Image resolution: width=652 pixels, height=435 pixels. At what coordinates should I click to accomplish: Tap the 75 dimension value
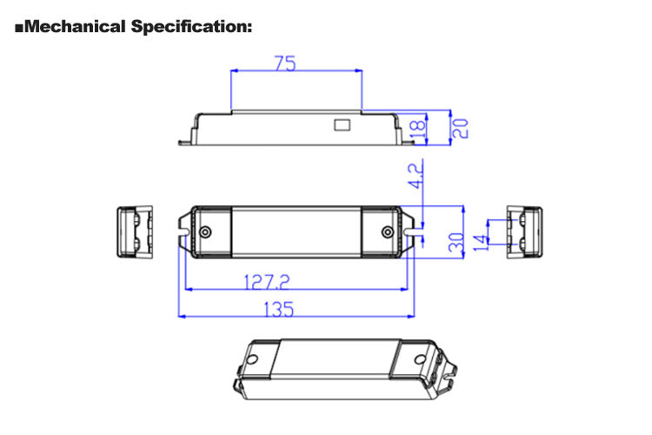click(284, 64)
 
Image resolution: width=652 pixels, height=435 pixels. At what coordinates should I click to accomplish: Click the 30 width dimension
click(455, 241)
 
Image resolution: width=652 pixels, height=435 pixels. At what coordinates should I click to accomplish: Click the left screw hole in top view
click(205, 232)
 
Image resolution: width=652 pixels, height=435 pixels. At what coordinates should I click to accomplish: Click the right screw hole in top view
click(388, 232)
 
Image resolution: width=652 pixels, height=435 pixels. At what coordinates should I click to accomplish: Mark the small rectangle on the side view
click(343, 124)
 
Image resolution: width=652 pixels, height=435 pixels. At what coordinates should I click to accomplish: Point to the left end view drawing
click(135, 231)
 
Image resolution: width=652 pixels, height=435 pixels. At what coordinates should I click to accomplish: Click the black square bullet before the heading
click(19, 27)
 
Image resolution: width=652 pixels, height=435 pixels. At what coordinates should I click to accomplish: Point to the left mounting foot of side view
click(186, 139)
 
